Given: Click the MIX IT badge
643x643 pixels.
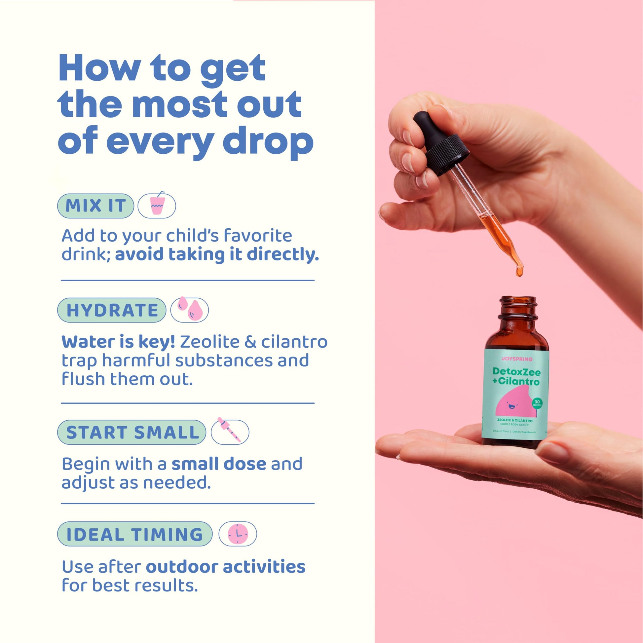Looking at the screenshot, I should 95,206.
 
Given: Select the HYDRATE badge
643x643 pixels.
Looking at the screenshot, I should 112,310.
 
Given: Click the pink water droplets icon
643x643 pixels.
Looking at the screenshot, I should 189,310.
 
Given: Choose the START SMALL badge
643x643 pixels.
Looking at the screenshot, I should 132,432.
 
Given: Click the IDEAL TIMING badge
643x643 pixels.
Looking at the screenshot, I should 135,534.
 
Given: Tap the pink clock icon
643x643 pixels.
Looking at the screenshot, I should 238,534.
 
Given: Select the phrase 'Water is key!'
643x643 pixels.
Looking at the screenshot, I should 118,342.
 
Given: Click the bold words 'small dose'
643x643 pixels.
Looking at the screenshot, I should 219,464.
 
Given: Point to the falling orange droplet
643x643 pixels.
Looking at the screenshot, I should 519,272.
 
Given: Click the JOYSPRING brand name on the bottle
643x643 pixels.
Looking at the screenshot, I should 516,359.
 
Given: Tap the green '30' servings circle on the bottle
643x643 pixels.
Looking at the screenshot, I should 537,402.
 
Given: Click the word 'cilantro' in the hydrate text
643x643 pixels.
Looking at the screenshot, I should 294,342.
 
